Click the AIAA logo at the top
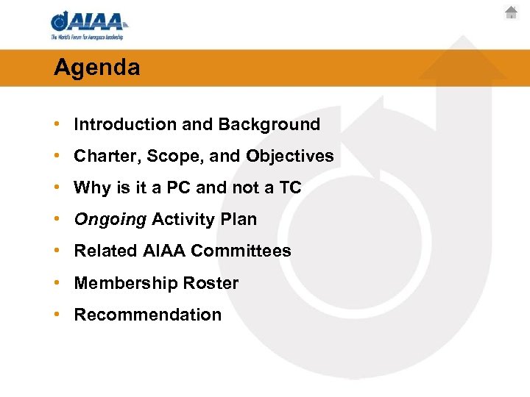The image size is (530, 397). pos(88,21)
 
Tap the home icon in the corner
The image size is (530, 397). pos(511,12)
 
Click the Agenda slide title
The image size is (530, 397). pos(96,68)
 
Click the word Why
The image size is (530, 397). pos(92,188)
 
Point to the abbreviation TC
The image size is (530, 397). pos(289,188)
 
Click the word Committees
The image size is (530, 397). pos(241,251)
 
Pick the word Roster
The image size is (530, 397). pos(211,283)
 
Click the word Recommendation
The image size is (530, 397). pos(147,315)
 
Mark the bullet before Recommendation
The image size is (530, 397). pos(57,315)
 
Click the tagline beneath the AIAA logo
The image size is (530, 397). pos(87,37)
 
